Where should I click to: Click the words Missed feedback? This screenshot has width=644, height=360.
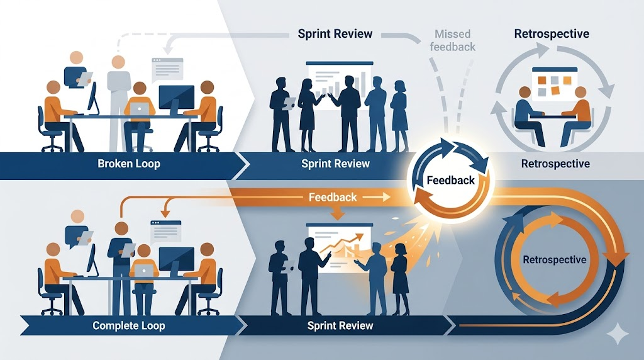[x=455, y=40]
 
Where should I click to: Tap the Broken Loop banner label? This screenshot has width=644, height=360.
[x=129, y=164]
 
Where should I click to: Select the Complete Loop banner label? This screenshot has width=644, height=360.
[x=128, y=325]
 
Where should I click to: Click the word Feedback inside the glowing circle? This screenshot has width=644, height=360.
[x=450, y=180]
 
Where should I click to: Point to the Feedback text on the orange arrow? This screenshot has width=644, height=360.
[x=333, y=197]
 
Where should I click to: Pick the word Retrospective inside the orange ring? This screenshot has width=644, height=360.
[x=554, y=259]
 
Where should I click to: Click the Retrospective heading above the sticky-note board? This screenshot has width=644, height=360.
[x=552, y=33]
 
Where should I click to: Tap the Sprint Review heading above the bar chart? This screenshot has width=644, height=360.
[x=335, y=33]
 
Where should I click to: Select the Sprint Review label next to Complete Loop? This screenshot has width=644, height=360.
[x=340, y=325]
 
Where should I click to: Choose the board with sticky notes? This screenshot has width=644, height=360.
[x=555, y=85]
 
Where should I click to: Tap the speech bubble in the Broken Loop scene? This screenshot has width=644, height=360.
[x=167, y=67]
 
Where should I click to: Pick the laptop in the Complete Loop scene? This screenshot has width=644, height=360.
[x=143, y=270]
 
